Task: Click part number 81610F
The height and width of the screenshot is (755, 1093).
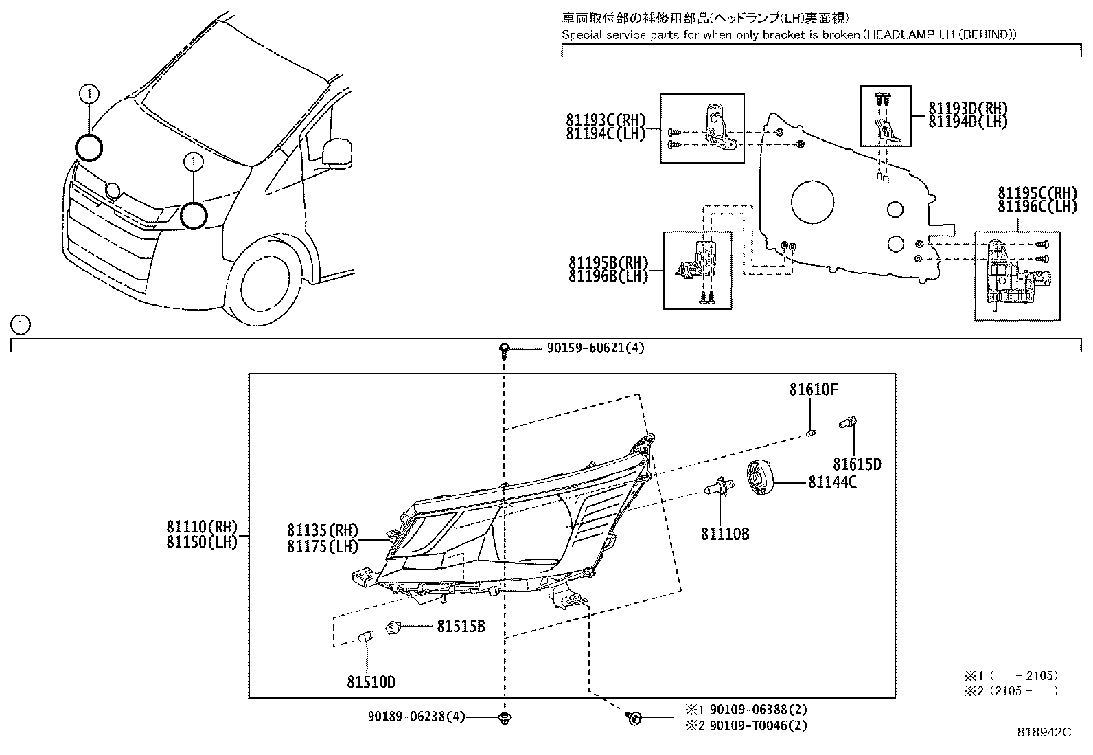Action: [813, 390]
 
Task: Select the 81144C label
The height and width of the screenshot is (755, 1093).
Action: [832, 482]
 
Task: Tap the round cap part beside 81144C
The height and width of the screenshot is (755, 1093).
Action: [760, 477]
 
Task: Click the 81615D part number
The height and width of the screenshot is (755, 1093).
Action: [857, 465]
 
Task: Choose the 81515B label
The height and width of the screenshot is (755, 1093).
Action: [461, 627]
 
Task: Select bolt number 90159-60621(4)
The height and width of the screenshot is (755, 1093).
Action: [595, 348]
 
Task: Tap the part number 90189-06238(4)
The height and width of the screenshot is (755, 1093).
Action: [417, 717]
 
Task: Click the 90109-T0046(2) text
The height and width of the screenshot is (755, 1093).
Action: [758, 725]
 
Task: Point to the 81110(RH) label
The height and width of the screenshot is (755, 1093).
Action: [201, 528]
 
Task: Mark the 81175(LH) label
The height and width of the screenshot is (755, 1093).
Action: [323, 546]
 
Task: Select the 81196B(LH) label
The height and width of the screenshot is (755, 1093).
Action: [608, 277]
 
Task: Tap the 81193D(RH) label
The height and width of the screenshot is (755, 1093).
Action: [968, 108]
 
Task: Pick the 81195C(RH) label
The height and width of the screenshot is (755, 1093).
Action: [1037, 192]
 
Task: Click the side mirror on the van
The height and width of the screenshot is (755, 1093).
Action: [336, 151]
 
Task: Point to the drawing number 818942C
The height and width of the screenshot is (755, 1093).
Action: [1044, 732]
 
